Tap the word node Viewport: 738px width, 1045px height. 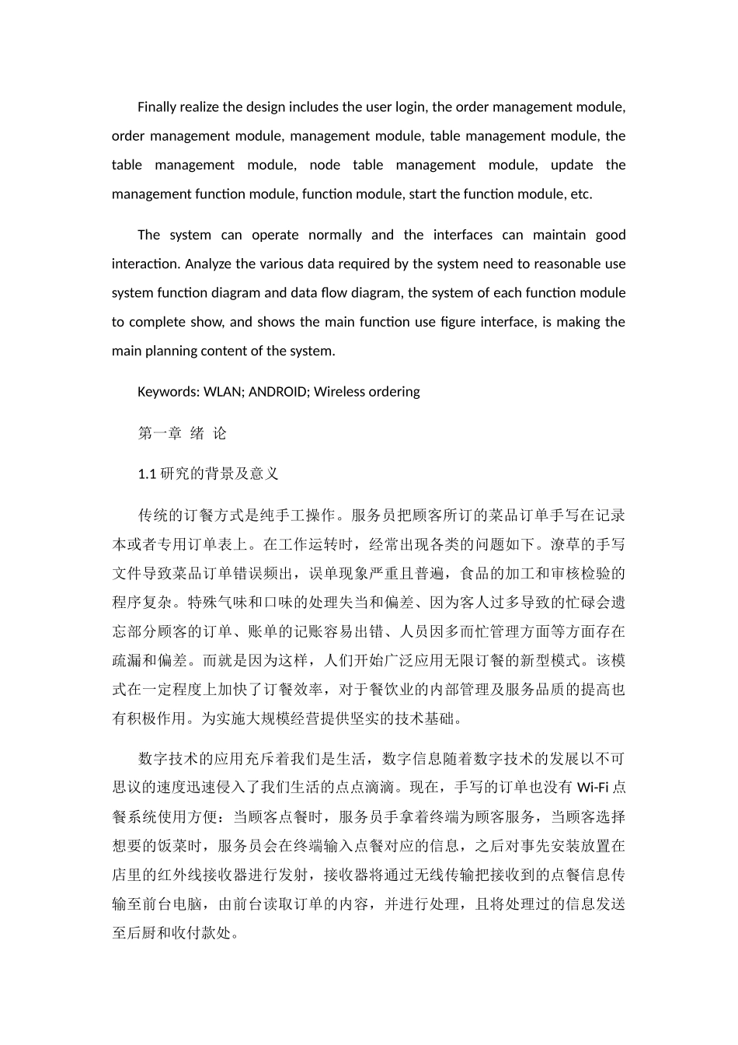[324, 165]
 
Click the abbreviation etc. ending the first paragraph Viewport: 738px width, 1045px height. [581, 194]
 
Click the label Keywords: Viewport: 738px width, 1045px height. [168, 392]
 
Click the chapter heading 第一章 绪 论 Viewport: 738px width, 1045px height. [183, 433]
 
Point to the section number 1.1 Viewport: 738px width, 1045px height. [147, 474]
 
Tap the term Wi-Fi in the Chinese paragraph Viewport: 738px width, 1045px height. [594, 788]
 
